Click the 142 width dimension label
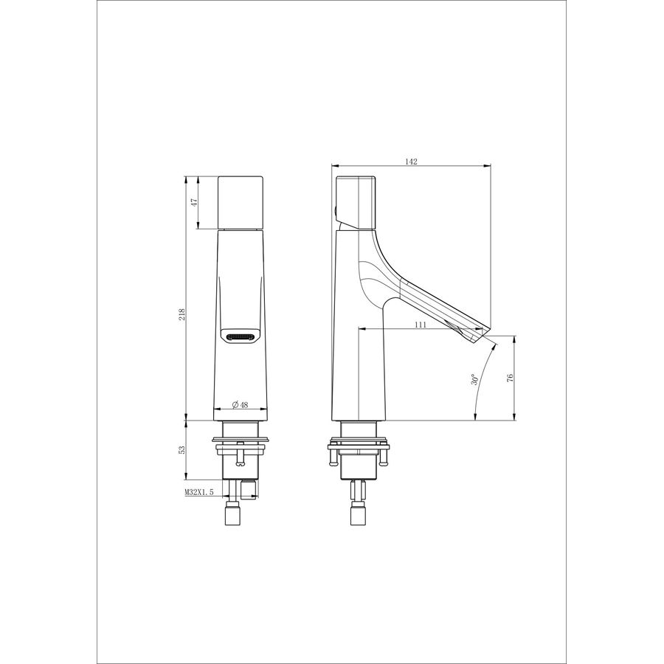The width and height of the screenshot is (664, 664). click(x=411, y=162)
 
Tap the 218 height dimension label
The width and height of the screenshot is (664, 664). click(x=182, y=314)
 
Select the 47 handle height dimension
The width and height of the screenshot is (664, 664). click(x=195, y=202)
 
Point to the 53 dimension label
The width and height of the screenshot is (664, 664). click(x=182, y=450)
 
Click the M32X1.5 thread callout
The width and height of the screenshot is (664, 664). click(x=199, y=492)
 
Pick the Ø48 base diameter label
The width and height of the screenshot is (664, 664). click(x=240, y=405)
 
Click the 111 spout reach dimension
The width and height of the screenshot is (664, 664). click(x=420, y=325)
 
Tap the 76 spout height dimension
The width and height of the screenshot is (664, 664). click(x=510, y=378)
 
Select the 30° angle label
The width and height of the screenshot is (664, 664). click(x=474, y=379)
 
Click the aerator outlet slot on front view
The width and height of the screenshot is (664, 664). click(x=240, y=337)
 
